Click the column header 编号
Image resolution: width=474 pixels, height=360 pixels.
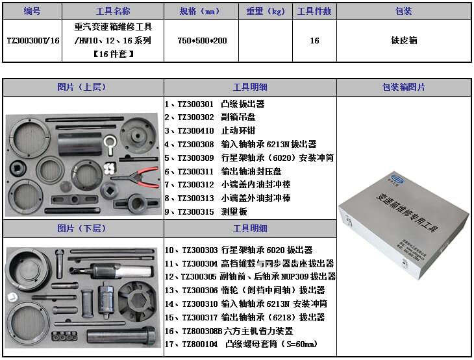point(32,11)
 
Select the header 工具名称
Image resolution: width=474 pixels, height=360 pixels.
point(113,11)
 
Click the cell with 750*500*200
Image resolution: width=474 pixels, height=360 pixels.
point(202,40)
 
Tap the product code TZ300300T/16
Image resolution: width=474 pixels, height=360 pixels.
point(32,40)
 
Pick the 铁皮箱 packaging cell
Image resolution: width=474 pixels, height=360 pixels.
point(404,40)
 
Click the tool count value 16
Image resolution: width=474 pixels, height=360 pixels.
point(314,40)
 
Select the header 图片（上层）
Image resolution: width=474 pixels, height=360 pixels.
point(82,87)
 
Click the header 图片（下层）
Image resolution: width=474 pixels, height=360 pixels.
point(82,228)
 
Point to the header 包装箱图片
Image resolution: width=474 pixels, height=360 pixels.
point(404,87)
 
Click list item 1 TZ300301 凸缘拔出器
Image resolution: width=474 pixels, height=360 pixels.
point(215,104)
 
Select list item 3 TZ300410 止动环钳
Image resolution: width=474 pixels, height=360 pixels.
point(215,131)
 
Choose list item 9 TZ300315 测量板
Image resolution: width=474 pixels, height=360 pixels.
point(206,211)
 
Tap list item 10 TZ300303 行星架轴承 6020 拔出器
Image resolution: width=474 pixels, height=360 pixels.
point(238,250)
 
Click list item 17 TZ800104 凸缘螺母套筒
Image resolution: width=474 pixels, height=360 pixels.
point(242,344)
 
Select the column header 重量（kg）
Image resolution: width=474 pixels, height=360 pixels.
point(266,11)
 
